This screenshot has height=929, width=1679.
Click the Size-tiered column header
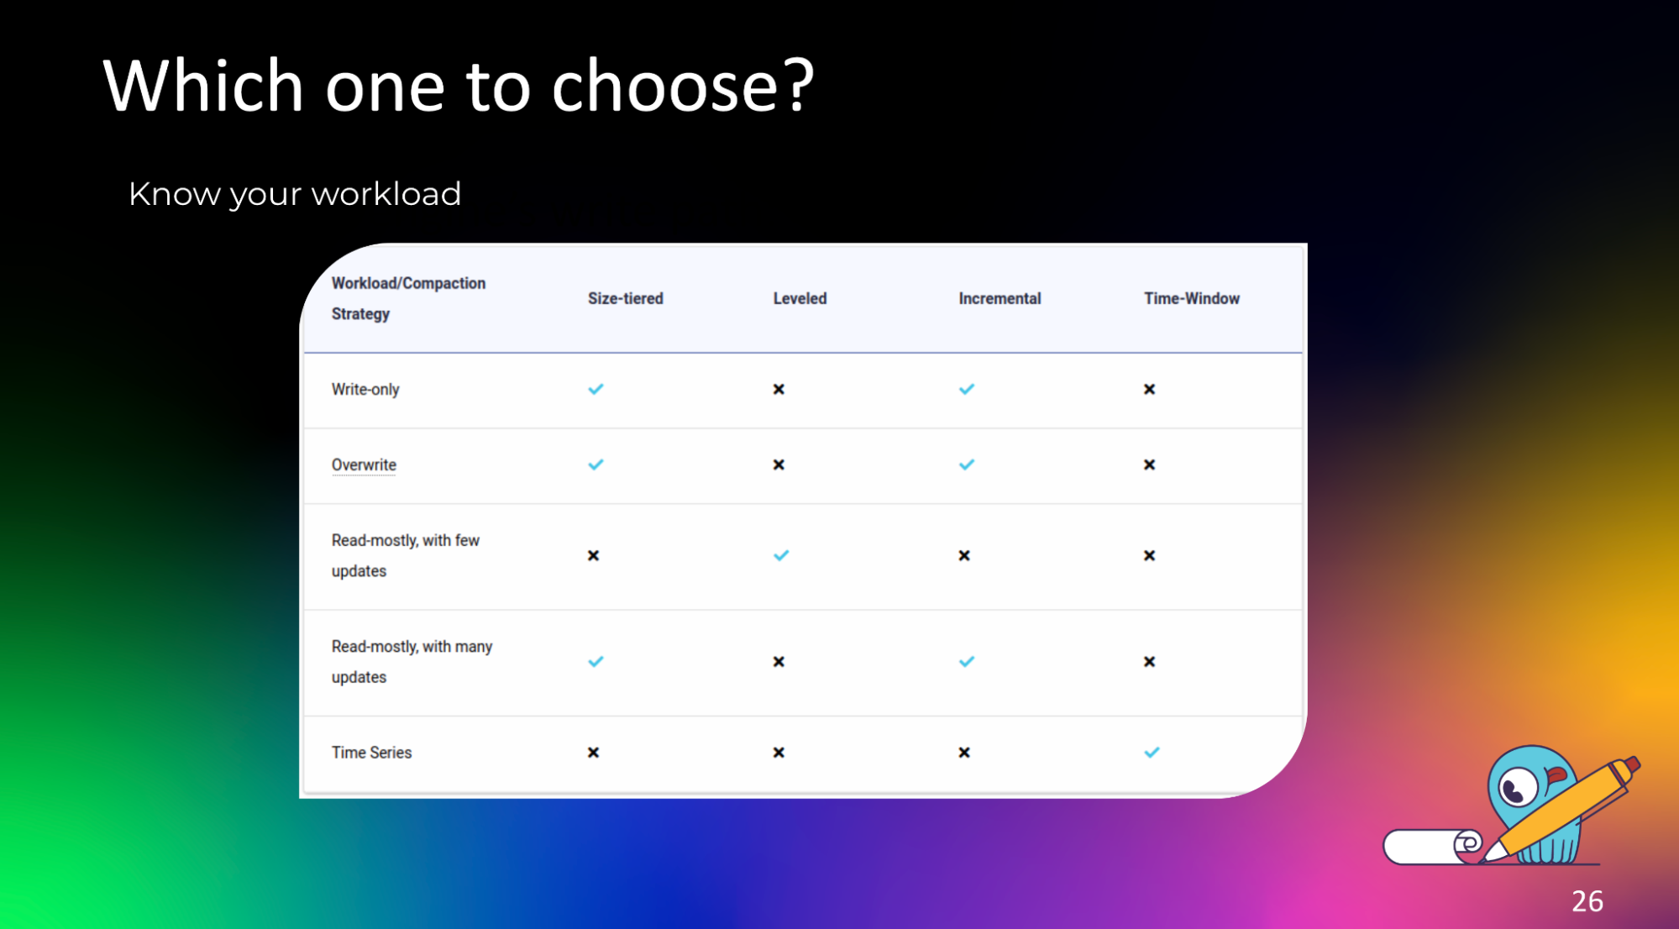(625, 298)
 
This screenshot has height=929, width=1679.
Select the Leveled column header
(800, 298)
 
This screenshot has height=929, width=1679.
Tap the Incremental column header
(1000, 298)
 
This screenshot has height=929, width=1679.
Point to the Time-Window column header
(1191, 298)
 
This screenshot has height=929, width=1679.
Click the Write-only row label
(365, 390)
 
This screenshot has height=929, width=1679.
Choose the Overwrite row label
(364, 464)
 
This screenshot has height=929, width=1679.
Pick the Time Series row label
(371, 753)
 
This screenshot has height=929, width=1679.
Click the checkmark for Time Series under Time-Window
(1152, 753)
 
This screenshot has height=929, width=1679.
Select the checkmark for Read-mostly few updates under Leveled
(781, 555)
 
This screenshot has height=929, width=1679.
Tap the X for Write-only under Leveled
(779, 389)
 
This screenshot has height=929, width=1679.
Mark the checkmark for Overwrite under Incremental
(967, 464)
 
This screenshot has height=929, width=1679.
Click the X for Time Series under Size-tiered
(593, 753)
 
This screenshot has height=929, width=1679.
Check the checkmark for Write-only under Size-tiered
(596, 389)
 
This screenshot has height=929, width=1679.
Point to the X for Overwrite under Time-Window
(1149, 464)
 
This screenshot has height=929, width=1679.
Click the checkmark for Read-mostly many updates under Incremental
(967, 662)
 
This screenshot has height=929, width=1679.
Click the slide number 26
(1587, 901)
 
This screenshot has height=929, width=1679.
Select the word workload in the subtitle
(386, 194)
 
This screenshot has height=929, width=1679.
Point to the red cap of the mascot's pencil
(1629, 767)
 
